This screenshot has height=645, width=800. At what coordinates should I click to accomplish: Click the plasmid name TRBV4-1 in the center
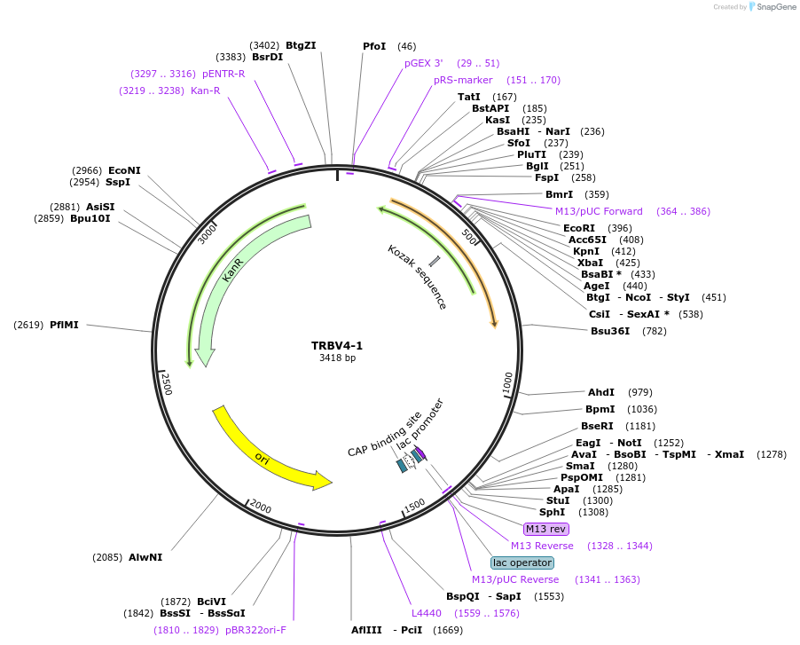337,345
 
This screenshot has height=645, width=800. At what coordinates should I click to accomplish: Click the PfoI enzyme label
374,46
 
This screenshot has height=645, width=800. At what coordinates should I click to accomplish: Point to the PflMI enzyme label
64,325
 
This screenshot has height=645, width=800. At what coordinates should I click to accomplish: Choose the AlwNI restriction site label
145,557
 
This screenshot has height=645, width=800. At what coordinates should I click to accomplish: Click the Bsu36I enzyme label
610,331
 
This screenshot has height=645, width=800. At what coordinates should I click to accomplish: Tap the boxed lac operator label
522,562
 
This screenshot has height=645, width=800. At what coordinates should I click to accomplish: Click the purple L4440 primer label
426,613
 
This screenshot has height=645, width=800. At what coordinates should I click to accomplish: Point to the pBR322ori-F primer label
255,630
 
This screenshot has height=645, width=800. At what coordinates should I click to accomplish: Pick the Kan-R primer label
205,90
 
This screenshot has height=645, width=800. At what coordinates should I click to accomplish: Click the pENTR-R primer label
224,74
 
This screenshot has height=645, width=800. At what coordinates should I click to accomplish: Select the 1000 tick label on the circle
507,381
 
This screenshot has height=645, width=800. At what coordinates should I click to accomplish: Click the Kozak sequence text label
417,277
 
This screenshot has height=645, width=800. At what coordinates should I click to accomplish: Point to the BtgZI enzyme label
301,45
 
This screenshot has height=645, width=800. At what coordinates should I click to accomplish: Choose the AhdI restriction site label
600,392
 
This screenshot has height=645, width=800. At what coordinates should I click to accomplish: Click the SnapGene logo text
773,7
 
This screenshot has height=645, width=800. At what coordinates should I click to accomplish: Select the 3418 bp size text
337,358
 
